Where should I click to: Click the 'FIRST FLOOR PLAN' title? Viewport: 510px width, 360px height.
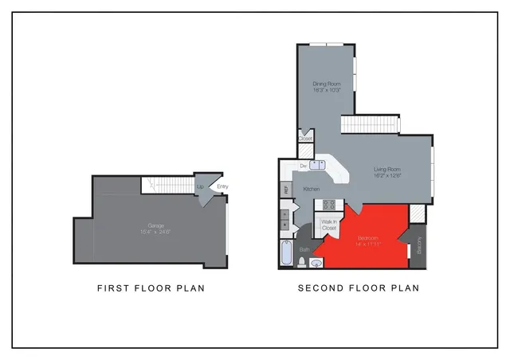pyautogui.click(x=151, y=288)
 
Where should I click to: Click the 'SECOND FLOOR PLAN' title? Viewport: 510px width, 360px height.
pyautogui.click(x=358, y=288)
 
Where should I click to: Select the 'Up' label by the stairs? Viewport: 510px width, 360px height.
pyautogui.click(x=200, y=187)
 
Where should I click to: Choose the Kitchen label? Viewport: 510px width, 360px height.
pyautogui.click(x=312, y=189)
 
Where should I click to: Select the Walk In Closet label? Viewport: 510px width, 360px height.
pyautogui.click(x=329, y=225)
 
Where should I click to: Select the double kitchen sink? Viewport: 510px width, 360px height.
pyautogui.click(x=317, y=165)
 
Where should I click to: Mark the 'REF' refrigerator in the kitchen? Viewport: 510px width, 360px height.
pyautogui.click(x=286, y=190)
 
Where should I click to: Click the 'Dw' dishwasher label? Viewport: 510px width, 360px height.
pyautogui.click(x=303, y=165)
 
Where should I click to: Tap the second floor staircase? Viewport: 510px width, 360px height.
pyautogui.click(x=369, y=124)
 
